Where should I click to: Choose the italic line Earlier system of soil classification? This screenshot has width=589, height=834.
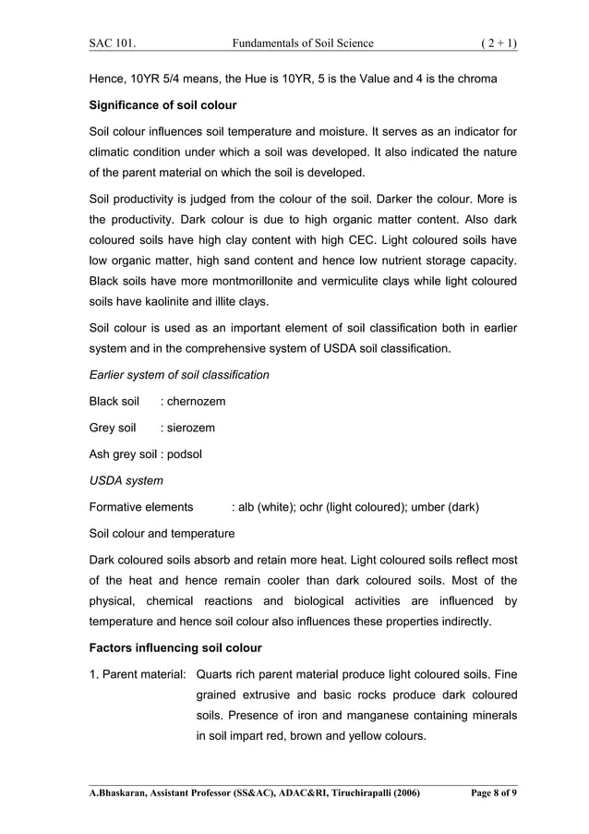(x=179, y=375)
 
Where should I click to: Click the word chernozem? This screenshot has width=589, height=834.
(x=196, y=402)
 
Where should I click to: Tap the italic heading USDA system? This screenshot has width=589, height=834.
(x=126, y=480)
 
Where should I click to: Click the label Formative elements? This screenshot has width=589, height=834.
(x=141, y=507)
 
